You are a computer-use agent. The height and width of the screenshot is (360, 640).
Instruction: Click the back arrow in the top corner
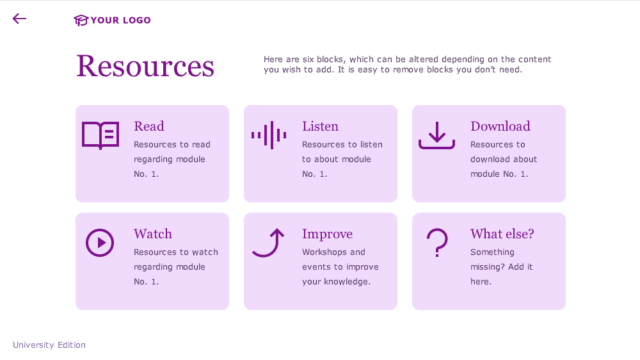click(x=19, y=18)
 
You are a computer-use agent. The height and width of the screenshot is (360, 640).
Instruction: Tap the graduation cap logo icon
click(x=80, y=20)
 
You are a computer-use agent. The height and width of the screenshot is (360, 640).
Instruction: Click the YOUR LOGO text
click(x=121, y=20)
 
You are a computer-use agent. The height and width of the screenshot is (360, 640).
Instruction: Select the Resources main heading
click(x=145, y=66)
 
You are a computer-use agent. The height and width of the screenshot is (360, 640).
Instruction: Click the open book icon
click(x=100, y=135)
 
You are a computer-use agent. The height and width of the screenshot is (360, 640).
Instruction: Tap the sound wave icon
click(x=268, y=135)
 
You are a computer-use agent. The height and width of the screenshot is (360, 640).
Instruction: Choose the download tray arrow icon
click(x=436, y=136)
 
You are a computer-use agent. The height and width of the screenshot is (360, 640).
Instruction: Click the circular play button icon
click(x=99, y=243)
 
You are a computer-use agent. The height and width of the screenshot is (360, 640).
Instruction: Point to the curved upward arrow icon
click(x=268, y=242)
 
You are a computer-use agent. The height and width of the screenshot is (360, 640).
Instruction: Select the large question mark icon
click(x=436, y=243)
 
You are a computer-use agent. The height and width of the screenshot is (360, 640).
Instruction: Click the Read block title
click(x=149, y=126)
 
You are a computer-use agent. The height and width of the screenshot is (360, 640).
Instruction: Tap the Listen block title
click(x=320, y=126)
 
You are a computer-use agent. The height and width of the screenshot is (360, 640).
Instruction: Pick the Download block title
click(x=500, y=126)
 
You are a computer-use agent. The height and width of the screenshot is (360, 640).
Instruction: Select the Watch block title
click(x=153, y=234)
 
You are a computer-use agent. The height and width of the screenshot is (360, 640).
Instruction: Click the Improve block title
click(x=327, y=234)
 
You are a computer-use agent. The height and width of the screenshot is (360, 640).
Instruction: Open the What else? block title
click(x=502, y=234)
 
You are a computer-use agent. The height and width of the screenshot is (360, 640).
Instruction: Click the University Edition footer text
click(x=49, y=345)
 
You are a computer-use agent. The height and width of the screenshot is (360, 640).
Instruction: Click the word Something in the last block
click(x=493, y=252)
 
